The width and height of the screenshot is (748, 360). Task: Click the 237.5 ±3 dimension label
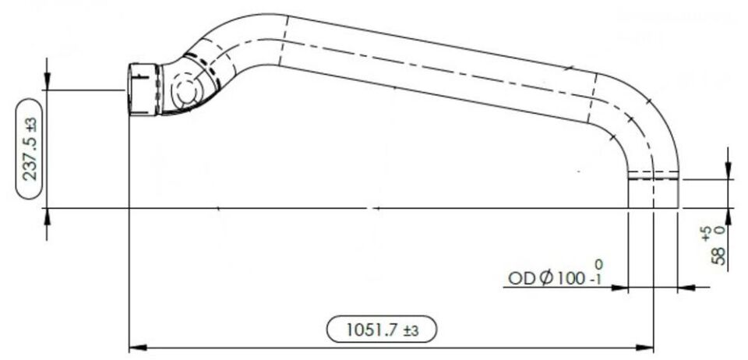tap(30, 148)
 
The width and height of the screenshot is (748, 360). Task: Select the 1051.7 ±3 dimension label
tap(382, 330)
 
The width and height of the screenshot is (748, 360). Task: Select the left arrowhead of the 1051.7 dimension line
tap(139, 348)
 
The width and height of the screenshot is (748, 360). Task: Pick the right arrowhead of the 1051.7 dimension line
tap(644, 348)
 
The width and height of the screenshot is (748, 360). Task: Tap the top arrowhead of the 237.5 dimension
tap(47, 81)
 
